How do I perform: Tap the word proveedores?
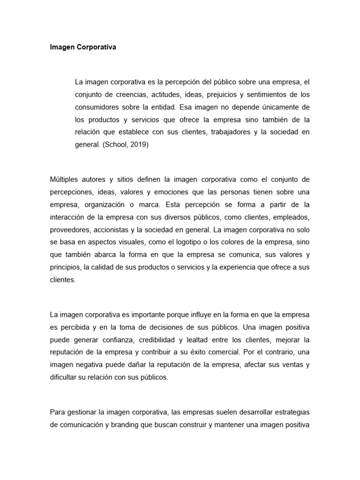pyautogui.click(x=69, y=231)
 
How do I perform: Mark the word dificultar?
pyautogui.click(x=64, y=377)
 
